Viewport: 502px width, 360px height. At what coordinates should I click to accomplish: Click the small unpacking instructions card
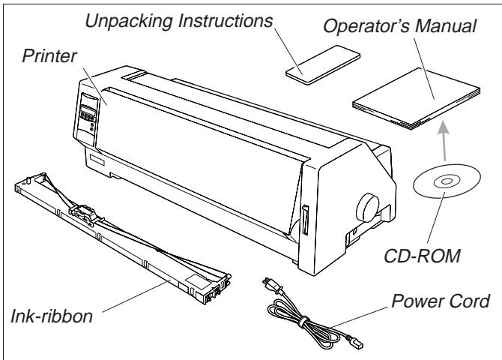click(x=314, y=65)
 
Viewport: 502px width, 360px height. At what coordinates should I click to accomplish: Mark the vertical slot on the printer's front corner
click(x=305, y=218)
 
